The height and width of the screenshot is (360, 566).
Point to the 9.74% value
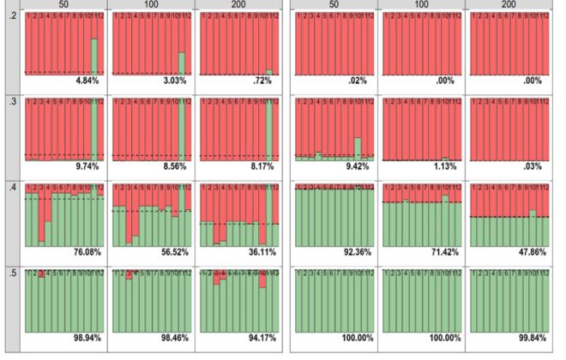(x=88, y=166)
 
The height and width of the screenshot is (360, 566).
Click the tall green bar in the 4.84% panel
(x=93, y=56)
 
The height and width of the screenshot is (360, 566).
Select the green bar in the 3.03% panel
(x=181, y=63)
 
